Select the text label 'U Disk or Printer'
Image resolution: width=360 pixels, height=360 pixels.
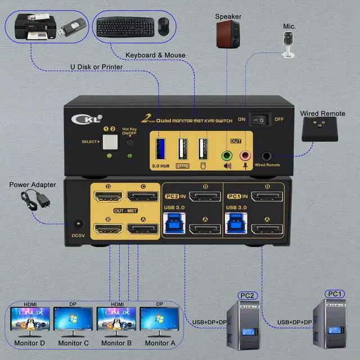click(x=97, y=67)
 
